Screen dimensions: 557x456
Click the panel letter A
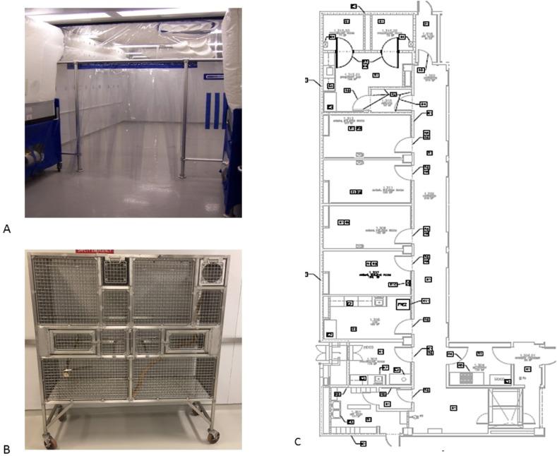click(7, 228)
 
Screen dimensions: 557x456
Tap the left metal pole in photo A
click(78, 116)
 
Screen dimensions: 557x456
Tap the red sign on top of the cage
click(95, 249)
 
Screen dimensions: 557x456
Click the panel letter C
click(299, 443)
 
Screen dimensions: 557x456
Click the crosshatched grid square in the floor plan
click(465, 377)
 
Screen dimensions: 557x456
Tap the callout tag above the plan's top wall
click(353, 6)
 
